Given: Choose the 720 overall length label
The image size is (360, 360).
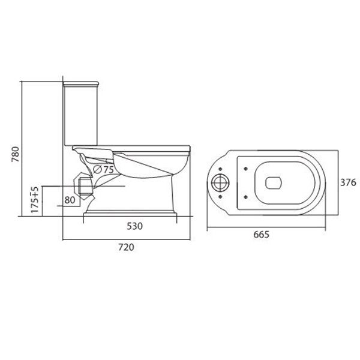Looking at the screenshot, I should (125, 247).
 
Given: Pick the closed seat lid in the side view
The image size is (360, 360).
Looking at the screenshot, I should (132, 146).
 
